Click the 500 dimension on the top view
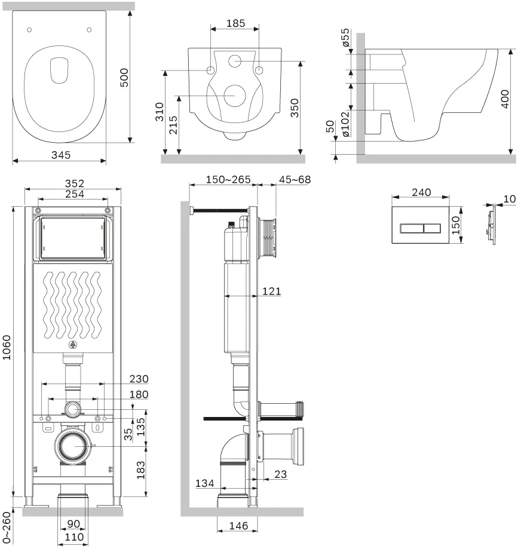[x=124, y=78]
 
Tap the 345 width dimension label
[x=60, y=155]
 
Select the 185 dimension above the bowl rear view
[x=235, y=23]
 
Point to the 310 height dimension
[x=160, y=112]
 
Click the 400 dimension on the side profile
[x=504, y=99]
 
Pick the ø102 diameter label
[x=345, y=124]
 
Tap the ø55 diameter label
[x=345, y=38]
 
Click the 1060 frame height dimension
[x=7, y=347]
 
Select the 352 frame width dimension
[x=74, y=183]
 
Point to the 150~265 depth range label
[x=228, y=180]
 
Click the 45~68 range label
[x=295, y=180]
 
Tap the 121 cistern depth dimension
[x=271, y=291]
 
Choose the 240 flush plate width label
[x=421, y=192]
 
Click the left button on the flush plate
[x=412, y=229]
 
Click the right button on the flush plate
[x=432, y=229]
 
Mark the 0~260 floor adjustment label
[x=7, y=527]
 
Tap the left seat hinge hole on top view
[x=29, y=30]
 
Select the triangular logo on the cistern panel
[x=72, y=345]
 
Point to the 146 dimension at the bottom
[x=238, y=526]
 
